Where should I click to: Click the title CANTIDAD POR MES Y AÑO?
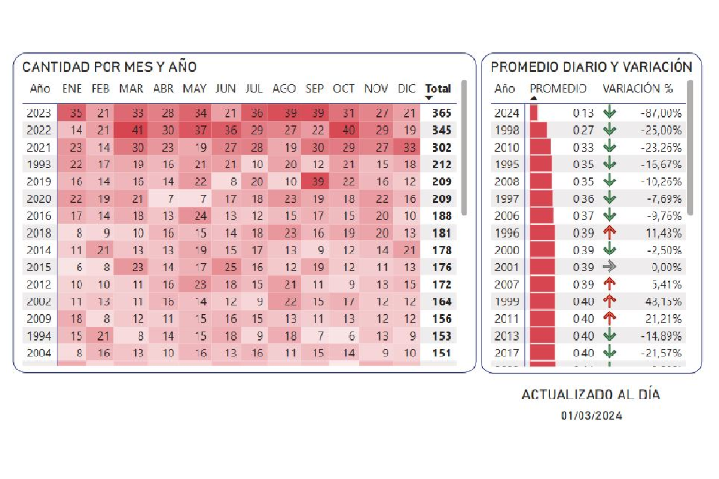pyautogui.click(x=110, y=67)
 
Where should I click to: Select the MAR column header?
pyautogui.click(x=131, y=89)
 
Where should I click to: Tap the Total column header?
pyautogui.click(x=437, y=89)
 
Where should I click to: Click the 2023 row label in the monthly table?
pyautogui.click(x=39, y=113)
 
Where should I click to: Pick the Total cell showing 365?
pyautogui.click(x=441, y=113)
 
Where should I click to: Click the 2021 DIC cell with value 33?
pyautogui.click(x=406, y=147)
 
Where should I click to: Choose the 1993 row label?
pyautogui.click(x=39, y=165)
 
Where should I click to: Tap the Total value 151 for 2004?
pyautogui.click(x=441, y=353)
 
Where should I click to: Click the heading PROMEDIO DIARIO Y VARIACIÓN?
pyautogui.click(x=592, y=67)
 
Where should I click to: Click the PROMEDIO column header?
pyautogui.click(x=565, y=89)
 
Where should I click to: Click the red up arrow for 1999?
pyautogui.click(x=610, y=301)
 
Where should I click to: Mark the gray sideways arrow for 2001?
pyautogui.click(x=610, y=267)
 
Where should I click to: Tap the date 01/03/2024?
pyautogui.click(x=591, y=415)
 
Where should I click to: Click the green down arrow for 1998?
pyautogui.click(x=610, y=130)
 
